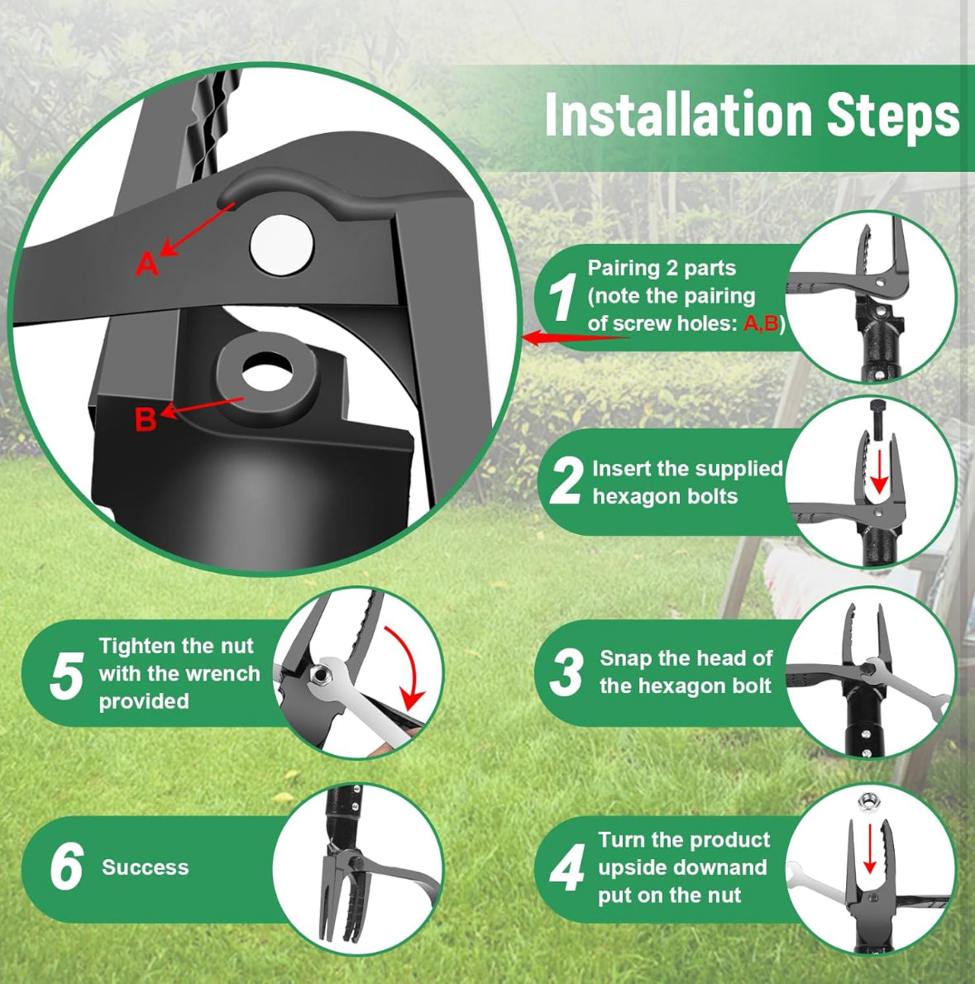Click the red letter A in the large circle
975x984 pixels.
point(146,264)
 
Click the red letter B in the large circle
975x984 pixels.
point(146,420)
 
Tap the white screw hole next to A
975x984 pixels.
point(282,246)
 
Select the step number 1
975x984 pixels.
point(563,298)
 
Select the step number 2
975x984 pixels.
point(566,481)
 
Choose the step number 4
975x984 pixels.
point(567,868)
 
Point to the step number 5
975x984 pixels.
point(66,676)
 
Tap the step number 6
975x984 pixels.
point(66,867)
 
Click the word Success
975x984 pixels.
point(146,867)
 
